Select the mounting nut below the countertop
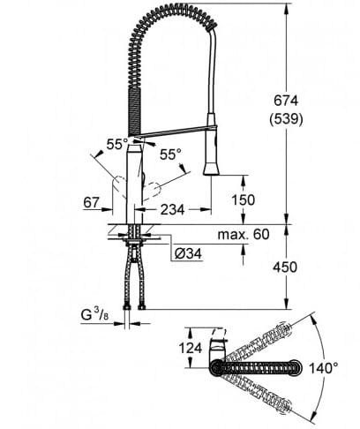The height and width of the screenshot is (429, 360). click(134, 236)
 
